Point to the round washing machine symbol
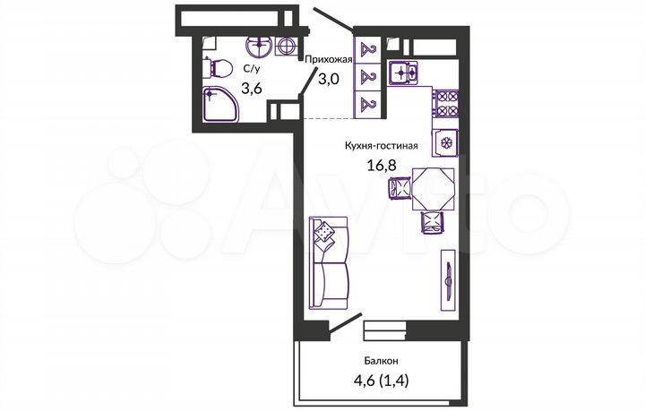pos(288,46)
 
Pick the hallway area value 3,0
pos(329,79)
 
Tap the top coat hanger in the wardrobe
pos(366,50)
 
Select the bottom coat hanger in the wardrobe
pos(366,105)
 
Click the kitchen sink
pos(401,71)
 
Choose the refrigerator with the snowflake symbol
pos(444,141)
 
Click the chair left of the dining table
pos(399,188)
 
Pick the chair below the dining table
pos(432,222)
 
